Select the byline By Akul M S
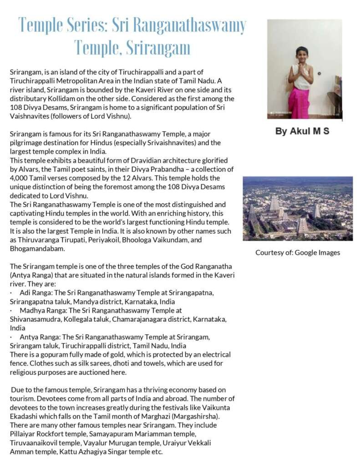tap(302, 132)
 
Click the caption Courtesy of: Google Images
tap(298, 253)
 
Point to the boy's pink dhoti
tap(299, 103)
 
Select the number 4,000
tap(19, 178)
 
